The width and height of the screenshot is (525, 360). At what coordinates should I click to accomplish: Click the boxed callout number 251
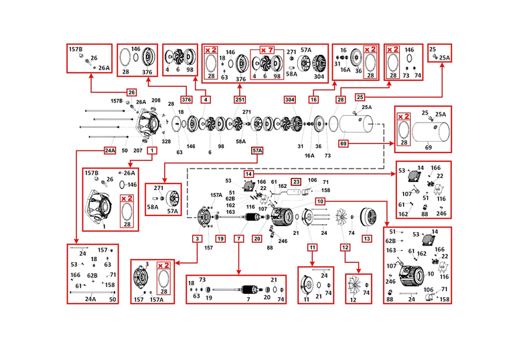pyautogui.click(x=240, y=99)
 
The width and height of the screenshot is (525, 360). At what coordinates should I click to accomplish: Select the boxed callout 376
pyautogui.click(x=187, y=99)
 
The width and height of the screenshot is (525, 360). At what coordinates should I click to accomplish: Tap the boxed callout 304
pyautogui.click(x=289, y=99)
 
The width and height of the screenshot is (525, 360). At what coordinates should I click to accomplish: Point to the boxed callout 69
pyautogui.click(x=344, y=143)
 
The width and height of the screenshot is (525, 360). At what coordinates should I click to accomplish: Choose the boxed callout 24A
pyautogui.click(x=110, y=151)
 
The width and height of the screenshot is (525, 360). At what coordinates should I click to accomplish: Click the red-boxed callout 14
pyautogui.click(x=248, y=174)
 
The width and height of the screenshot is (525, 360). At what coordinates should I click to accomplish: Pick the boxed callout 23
pyautogui.click(x=296, y=181)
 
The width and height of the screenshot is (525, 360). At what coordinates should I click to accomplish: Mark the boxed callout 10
pyautogui.click(x=321, y=201)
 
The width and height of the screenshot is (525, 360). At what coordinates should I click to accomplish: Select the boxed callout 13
pyautogui.click(x=366, y=238)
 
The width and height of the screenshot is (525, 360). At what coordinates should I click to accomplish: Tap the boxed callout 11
pyautogui.click(x=311, y=247)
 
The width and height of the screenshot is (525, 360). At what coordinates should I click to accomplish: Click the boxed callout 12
pyautogui.click(x=346, y=247)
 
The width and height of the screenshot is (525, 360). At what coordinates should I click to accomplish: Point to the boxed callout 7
pyautogui.click(x=238, y=238)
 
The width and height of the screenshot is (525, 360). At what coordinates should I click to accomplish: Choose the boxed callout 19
pyautogui.click(x=219, y=238)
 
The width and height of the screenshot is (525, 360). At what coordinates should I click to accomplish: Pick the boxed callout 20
pyautogui.click(x=256, y=238)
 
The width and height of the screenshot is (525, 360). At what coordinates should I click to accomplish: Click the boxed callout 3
pyautogui.click(x=198, y=238)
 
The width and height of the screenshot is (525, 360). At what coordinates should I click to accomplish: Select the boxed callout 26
pyautogui.click(x=131, y=92)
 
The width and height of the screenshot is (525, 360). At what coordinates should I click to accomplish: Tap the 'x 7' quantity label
pyautogui.click(x=267, y=50)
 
